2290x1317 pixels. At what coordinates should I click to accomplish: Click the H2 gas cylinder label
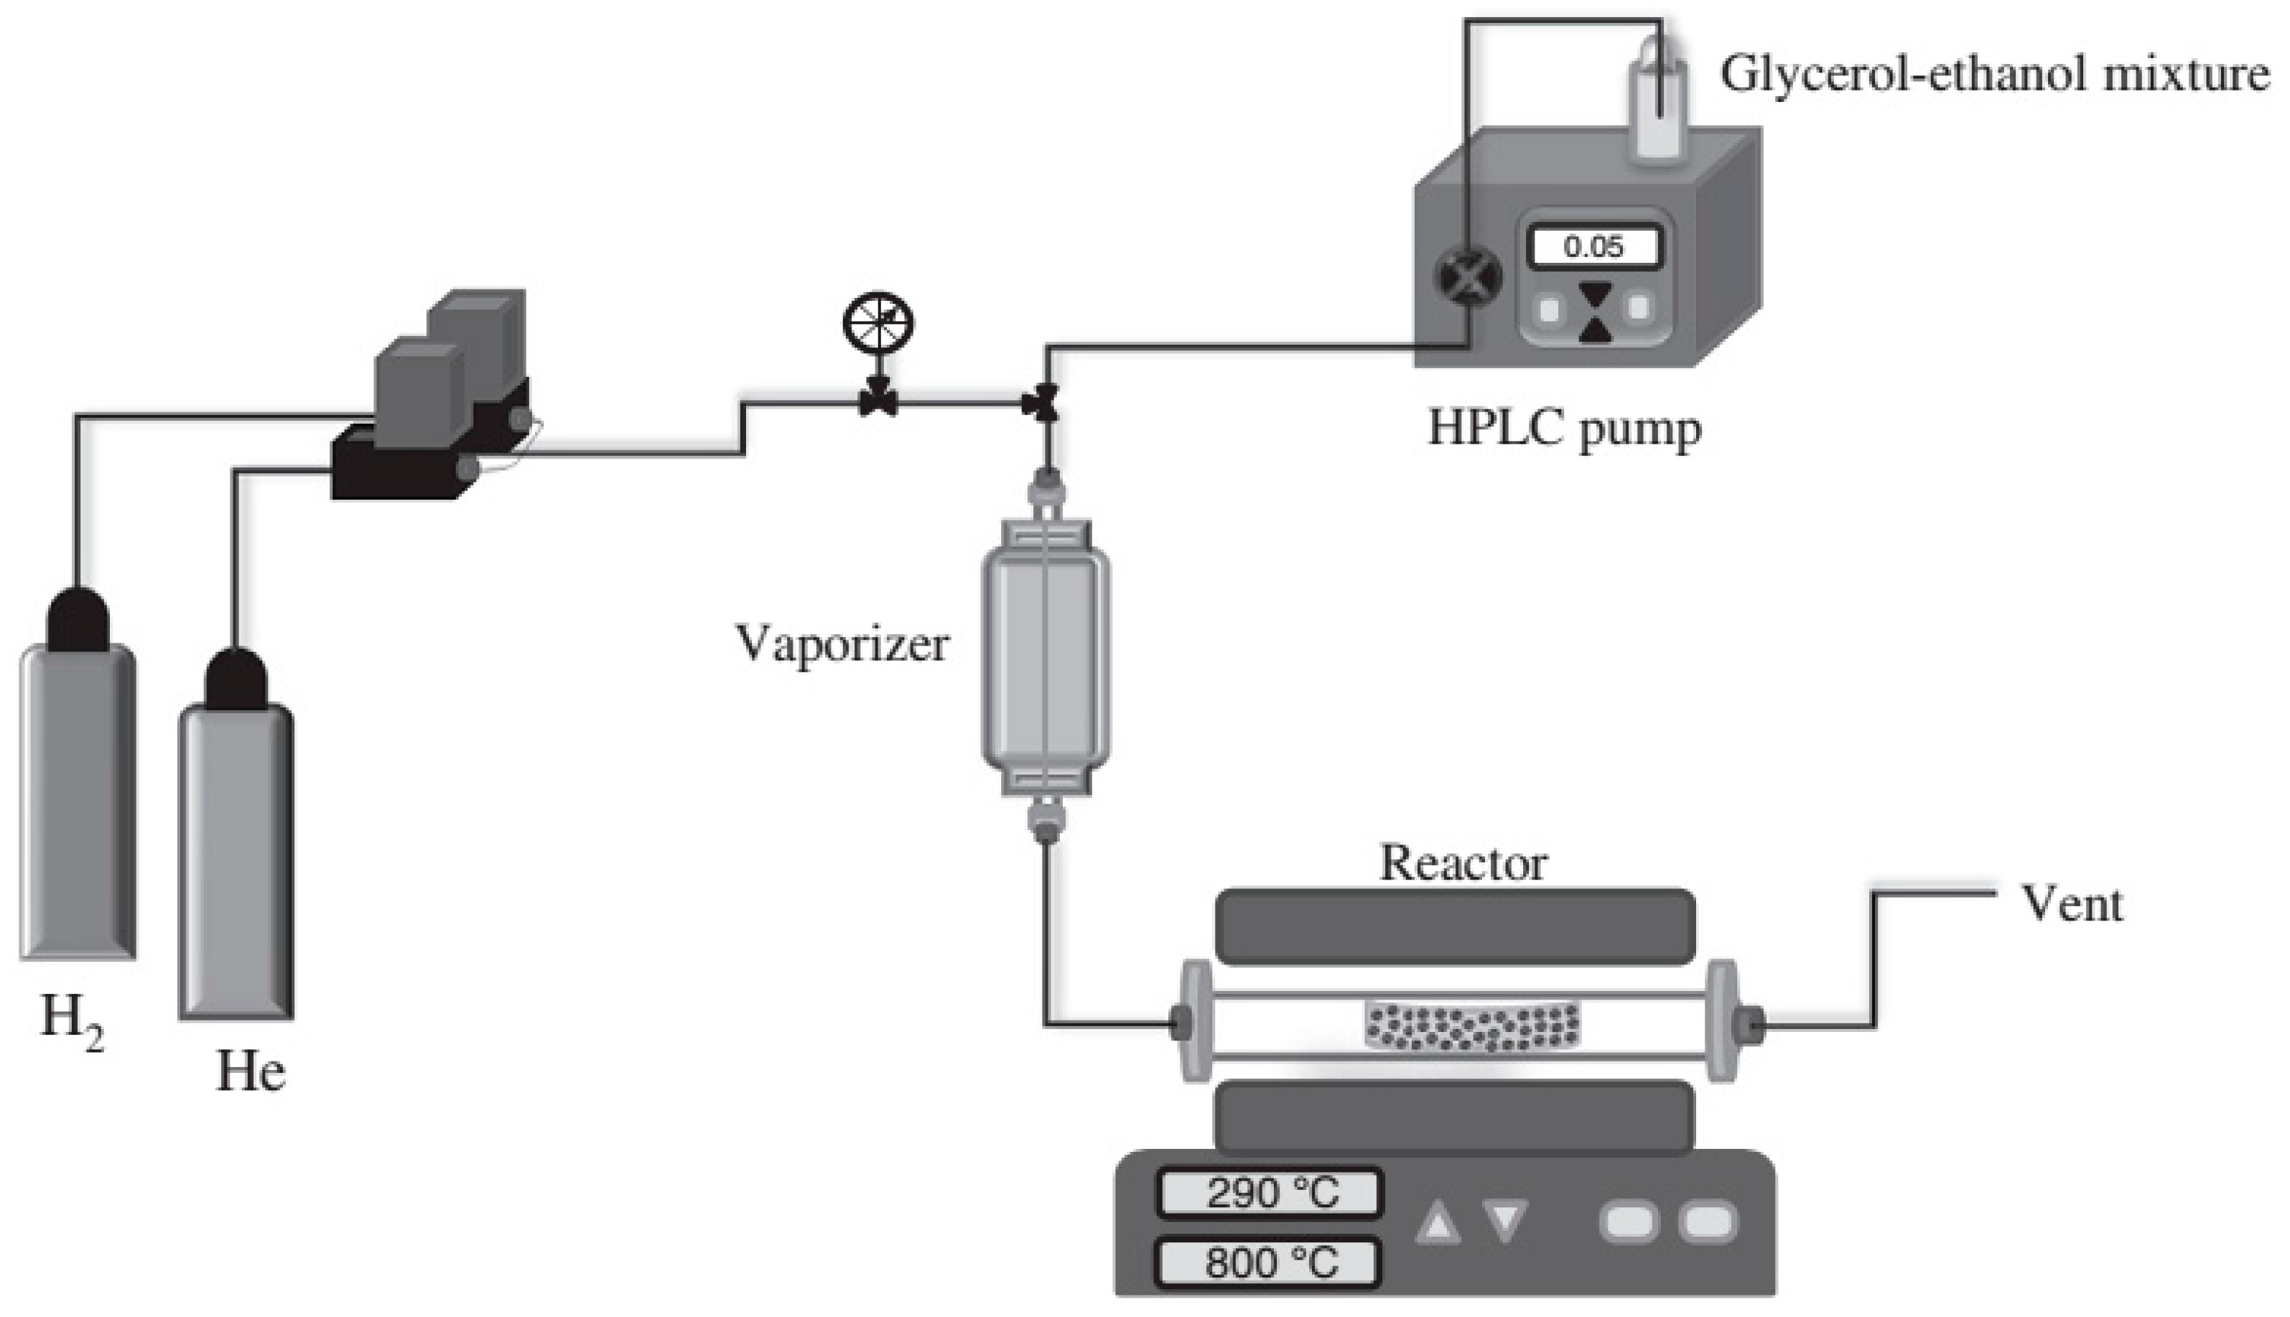[73, 1022]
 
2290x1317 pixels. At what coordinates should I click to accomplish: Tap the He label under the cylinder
[251, 1072]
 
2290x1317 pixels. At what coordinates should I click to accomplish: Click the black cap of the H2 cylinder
[78, 620]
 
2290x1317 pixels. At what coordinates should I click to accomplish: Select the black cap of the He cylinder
[236, 680]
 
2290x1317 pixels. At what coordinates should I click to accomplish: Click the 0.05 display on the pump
[1593, 247]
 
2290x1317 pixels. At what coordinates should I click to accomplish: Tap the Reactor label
[1463, 864]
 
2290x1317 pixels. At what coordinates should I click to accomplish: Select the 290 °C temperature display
[1270, 1194]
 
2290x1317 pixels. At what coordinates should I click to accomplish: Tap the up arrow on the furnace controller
[1438, 1223]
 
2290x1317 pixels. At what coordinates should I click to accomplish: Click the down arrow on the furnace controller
[1505, 1221]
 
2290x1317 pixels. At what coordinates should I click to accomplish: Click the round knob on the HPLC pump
[1469, 276]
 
